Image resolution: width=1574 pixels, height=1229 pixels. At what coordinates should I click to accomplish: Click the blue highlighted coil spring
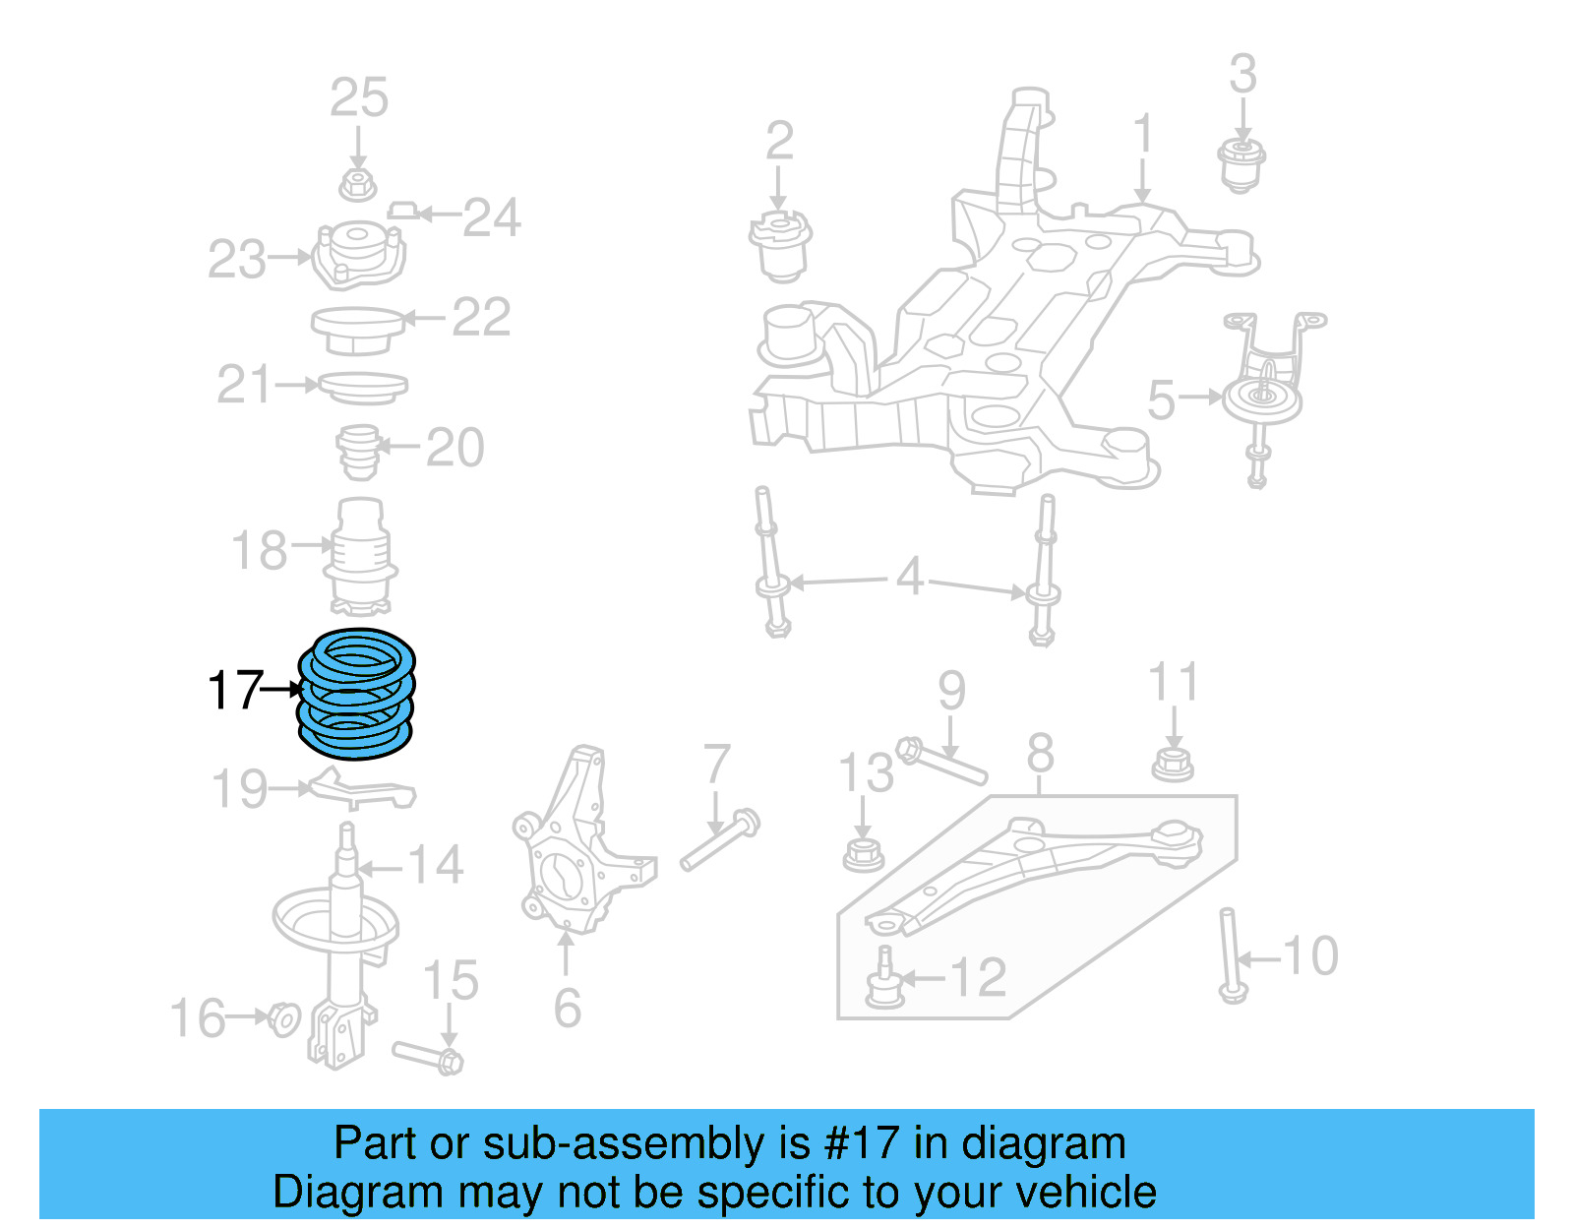[x=356, y=694]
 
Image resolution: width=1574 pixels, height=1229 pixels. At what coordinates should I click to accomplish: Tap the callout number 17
[x=235, y=691]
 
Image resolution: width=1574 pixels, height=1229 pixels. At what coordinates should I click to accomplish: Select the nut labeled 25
[x=358, y=184]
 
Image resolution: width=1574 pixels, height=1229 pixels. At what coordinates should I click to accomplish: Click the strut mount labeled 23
[x=357, y=255]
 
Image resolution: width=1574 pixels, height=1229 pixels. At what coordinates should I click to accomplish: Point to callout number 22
[x=481, y=318]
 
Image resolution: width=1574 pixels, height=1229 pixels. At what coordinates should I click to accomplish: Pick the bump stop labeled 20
[x=360, y=452]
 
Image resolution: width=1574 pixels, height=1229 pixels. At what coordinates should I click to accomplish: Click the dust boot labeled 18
[x=360, y=557]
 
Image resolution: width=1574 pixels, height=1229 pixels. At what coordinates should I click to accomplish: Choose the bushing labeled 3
[x=1241, y=165]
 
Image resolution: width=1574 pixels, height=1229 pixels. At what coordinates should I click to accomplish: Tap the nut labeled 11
[x=1172, y=764]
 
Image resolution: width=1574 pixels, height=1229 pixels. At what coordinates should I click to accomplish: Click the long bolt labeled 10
[x=1230, y=954]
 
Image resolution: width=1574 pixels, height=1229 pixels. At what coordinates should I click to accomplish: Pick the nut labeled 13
[x=863, y=854]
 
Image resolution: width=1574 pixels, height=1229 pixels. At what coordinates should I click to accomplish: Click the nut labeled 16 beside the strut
[x=284, y=1018]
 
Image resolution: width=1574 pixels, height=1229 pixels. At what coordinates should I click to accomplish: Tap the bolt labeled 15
[x=429, y=1056]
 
